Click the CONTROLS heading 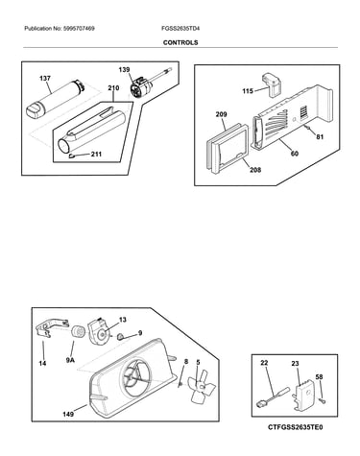[x=180, y=42]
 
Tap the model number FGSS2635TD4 [x=180, y=29]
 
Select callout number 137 [x=45, y=78]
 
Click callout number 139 [x=124, y=69]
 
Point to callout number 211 [x=96, y=155]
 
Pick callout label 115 [x=248, y=91]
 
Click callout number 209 [x=221, y=114]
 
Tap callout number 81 [x=320, y=137]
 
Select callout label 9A [x=70, y=360]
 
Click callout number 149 [x=68, y=415]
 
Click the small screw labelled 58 [x=324, y=399]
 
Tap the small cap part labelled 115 [x=273, y=84]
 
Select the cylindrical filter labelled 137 [x=55, y=100]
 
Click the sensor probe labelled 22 [x=273, y=397]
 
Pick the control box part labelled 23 [x=303, y=395]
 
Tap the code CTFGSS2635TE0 [x=296, y=427]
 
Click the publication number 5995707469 [x=79, y=29]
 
